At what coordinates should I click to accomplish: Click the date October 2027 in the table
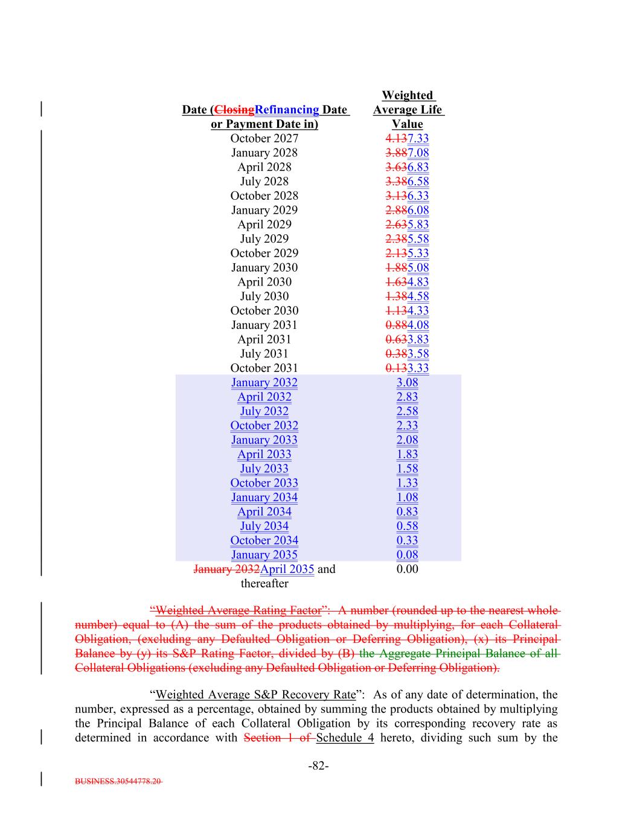tap(264, 138)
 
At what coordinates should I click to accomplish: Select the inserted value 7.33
tap(418, 138)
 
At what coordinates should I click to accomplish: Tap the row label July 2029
tap(264, 239)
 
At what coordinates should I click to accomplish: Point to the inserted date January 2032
tap(264, 383)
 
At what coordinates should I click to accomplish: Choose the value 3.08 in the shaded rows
tap(407, 383)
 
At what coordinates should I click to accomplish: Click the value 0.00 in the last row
tap(407, 569)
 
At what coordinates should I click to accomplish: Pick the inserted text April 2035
tap(287, 569)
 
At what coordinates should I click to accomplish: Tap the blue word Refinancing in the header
tap(287, 110)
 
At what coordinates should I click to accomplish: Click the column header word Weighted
tap(407, 95)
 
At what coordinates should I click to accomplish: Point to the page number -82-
tap(318, 766)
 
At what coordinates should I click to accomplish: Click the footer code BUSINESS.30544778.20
tap(118, 781)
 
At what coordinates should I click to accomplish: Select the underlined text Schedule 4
tap(345, 738)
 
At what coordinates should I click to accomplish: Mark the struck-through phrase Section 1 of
tap(278, 738)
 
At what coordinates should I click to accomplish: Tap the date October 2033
tap(264, 483)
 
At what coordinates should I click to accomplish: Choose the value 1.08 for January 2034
tap(407, 497)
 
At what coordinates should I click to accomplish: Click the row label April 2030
tap(264, 282)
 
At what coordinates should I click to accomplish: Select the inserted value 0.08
tap(407, 555)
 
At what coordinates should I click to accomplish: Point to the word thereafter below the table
tap(264, 584)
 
